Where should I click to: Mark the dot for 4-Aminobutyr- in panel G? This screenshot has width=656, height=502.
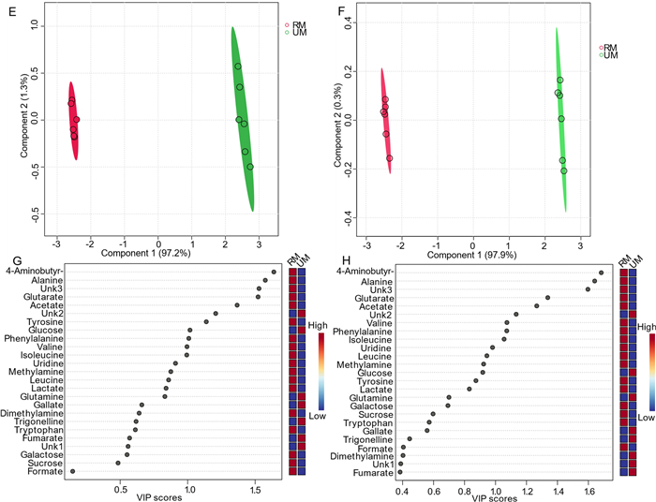click(x=274, y=272)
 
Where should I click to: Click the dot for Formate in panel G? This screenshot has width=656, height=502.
click(x=72, y=471)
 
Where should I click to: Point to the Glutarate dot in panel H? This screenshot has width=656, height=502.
click(x=547, y=298)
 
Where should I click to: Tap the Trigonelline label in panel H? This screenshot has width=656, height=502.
click(x=369, y=438)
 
